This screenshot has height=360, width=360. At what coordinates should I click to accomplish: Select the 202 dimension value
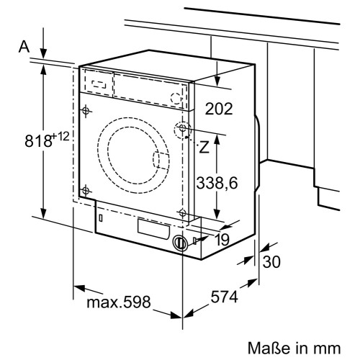tap(219, 109)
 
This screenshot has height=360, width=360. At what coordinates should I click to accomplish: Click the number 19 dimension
tap(222, 240)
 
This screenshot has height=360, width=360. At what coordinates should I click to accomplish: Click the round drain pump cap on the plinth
tap(180, 243)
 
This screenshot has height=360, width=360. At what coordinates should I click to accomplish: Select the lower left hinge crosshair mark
tap(86, 190)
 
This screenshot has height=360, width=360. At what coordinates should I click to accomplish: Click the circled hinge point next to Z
tap(183, 129)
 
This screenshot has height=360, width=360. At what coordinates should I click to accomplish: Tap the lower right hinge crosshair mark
tap(183, 213)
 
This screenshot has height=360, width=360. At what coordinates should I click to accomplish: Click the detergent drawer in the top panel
tap(99, 81)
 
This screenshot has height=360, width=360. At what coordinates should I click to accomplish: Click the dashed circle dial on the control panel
tap(175, 98)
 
